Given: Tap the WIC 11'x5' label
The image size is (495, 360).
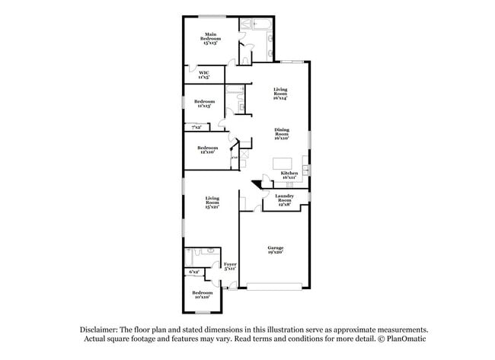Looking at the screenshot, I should [x=204, y=75].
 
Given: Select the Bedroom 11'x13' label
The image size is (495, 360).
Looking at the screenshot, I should [x=203, y=104].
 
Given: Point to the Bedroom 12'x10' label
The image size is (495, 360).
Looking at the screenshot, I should [x=207, y=150].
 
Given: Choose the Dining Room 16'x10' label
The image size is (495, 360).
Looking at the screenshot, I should [x=281, y=134].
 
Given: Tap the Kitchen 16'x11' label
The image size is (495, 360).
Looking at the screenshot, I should [x=289, y=175].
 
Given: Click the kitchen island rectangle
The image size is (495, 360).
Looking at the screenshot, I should [x=283, y=162].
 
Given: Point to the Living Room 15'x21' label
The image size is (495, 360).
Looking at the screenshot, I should [x=212, y=203].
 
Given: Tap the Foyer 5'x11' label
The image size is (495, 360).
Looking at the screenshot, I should [x=230, y=266].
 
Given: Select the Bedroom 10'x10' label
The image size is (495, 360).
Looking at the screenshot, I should [x=202, y=295].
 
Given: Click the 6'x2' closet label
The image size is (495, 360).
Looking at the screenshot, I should [x=193, y=272].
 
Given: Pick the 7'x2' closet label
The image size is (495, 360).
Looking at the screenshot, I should [x=196, y=127].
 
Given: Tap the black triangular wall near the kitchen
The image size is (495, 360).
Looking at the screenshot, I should [x=257, y=183].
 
